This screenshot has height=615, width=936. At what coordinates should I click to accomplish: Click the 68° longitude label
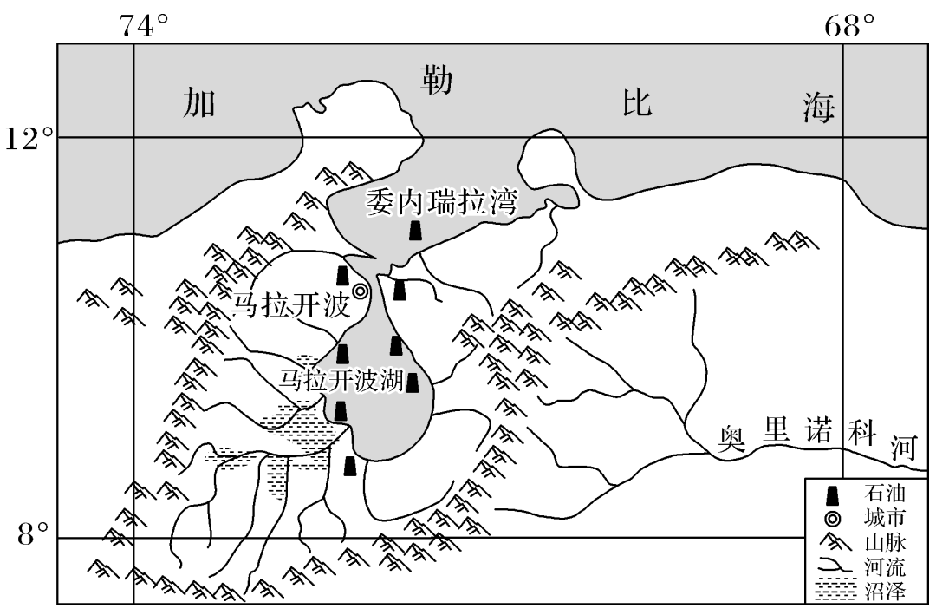850,25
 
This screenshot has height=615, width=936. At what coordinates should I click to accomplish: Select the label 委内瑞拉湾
441,204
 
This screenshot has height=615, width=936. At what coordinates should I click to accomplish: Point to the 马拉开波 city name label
289,305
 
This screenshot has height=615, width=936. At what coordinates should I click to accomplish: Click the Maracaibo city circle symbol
361,291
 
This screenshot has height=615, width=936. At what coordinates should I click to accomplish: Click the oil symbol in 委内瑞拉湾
415,230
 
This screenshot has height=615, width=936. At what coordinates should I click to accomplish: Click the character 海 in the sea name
818,108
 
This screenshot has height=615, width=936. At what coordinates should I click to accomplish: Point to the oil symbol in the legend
833,495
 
